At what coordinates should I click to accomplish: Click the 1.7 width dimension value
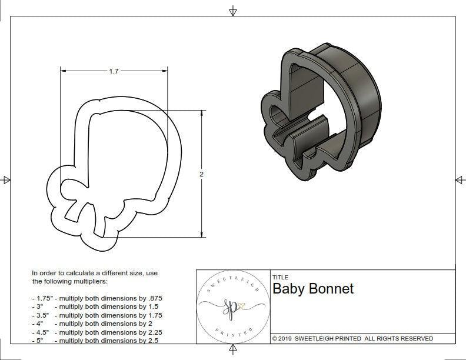114,71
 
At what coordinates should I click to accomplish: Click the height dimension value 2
202,174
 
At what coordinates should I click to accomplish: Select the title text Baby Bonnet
313,289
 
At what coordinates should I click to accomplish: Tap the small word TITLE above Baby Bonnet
280,277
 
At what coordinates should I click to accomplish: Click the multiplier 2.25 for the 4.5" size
150,332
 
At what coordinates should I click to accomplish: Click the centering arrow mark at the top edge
233,11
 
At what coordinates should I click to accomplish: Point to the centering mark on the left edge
6,179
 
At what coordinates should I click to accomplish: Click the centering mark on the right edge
459,179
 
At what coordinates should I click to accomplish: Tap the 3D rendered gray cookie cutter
329,112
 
